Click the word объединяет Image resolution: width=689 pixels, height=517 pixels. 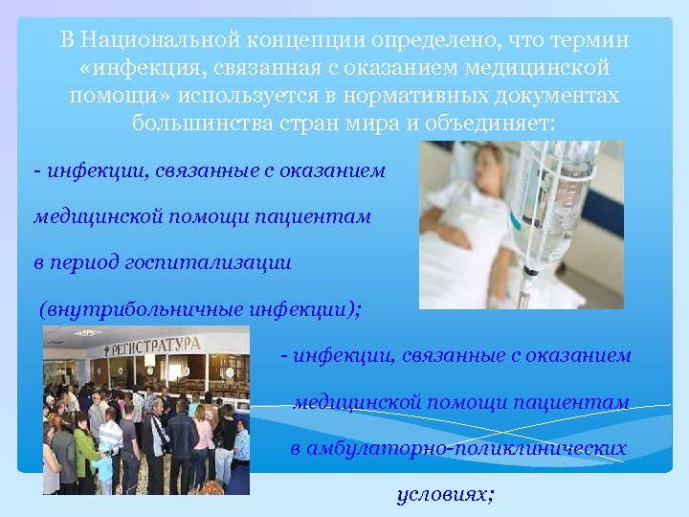497,124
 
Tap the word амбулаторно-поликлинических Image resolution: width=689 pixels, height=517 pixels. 470,448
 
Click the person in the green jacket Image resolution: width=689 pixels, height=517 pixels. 85,451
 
